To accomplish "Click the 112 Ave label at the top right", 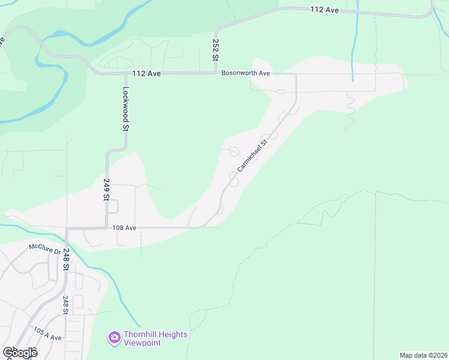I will (325, 10).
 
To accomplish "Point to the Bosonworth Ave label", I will (246, 73).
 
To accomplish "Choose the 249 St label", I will (106, 189).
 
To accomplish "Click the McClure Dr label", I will (45, 248).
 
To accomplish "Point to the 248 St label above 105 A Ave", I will (65, 305).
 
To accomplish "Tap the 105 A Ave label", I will (47, 334).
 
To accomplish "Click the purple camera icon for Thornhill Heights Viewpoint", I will (114, 338).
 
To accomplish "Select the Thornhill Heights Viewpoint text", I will (155, 338).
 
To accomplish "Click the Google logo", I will (20, 353).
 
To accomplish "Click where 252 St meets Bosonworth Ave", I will (215, 73).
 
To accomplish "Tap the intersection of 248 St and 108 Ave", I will (67, 229).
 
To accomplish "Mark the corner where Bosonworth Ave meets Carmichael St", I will (296, 74).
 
